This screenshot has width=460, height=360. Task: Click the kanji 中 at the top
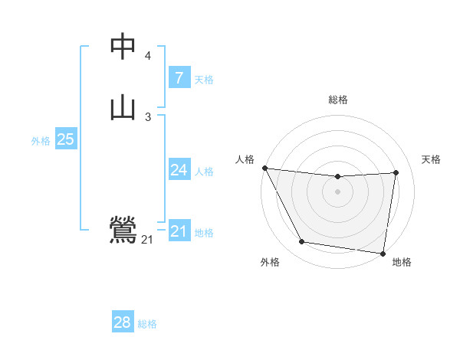click(x=123, y=47)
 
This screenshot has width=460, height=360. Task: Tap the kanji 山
click(x=123, y=108)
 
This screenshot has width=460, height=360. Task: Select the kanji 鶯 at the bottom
click(x=123, y=231)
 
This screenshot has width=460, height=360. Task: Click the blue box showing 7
click(x=179, y=78)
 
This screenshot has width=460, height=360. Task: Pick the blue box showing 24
click(x=179, y=170)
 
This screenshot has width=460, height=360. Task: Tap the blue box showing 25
click(x=65, y=139)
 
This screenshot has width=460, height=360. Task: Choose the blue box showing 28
click(x=123, y=322)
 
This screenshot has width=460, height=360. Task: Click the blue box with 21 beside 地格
click(x=179, y=231)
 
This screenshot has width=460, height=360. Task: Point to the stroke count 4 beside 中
click(x=147, y=56)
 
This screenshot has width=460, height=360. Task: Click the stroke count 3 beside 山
click(x=147, y=116)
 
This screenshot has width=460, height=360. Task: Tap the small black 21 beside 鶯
click(x=146, y=240)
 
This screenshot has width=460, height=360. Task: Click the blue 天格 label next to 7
click(x=204, y=80)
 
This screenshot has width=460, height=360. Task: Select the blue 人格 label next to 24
click(x=204, y=172)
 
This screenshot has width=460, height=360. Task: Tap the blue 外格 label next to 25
click(x=41, y=141)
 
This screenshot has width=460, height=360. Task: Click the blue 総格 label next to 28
click(x=147, y=324)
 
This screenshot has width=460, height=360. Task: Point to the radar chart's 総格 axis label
click(x=338, y=100)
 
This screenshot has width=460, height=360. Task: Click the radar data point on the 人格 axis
click(x=264, y=168)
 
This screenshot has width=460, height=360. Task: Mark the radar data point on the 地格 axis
click(x=383, y=253)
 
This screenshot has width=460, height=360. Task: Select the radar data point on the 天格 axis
click(x=396, y=172)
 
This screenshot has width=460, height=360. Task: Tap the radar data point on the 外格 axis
click(x=302, y=242)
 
